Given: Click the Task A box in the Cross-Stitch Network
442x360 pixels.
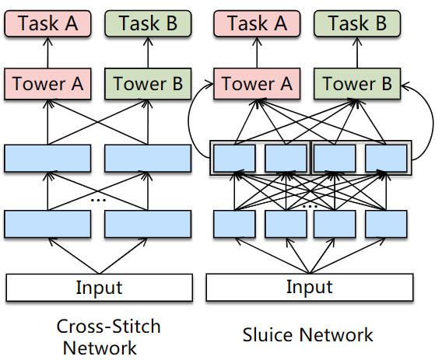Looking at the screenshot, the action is [47, 23].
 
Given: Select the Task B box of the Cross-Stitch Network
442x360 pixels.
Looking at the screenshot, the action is [148, 23].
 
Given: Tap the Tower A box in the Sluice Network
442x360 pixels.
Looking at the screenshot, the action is [257, 84].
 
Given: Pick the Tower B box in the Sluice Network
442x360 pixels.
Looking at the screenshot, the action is [357, 84].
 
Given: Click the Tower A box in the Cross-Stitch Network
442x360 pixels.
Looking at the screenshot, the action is [47, 84].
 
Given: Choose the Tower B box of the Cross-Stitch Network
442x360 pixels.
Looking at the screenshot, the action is [148, 84].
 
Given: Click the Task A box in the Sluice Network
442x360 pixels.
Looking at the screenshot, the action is [257, 23].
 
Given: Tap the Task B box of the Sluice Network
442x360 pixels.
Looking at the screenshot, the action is [357, 23].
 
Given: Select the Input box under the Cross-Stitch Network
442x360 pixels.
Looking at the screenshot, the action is [100, 288].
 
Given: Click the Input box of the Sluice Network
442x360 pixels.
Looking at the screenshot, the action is [310, 287].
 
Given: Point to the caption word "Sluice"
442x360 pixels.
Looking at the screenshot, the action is [267, 335].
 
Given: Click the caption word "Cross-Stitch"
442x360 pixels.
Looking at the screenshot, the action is [108, 327].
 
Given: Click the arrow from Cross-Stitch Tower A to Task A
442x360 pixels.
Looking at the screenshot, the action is [47, 52].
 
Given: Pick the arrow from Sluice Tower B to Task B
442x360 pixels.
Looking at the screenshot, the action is [357, 52].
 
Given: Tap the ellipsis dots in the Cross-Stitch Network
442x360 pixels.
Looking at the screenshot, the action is [98, 200].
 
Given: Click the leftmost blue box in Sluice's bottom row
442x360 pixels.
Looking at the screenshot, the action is [234, 224].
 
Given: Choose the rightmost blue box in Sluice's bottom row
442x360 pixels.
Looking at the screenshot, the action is [386, 224].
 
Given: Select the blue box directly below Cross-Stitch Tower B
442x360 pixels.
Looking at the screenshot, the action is [148, 159].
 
